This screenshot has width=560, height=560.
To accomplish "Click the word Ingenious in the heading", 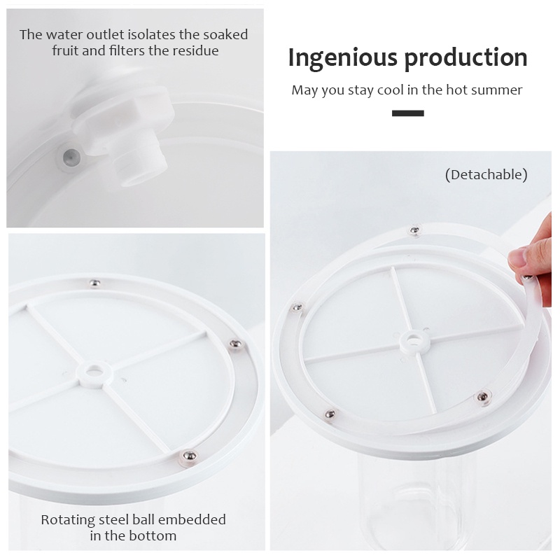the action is click(342, 58).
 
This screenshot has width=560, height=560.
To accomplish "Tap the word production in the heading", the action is click(465, 58).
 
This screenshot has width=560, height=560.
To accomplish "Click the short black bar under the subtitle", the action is click(408, 113).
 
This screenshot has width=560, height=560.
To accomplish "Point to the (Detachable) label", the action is click(486, 174).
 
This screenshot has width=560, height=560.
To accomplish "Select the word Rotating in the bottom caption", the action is click(67, 520).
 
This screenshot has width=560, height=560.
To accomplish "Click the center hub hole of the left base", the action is click(94, 372).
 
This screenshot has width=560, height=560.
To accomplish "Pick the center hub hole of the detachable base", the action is click(414, 341).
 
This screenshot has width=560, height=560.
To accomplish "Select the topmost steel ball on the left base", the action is click(94, 283).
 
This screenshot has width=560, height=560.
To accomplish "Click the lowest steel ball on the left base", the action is click(189, 456).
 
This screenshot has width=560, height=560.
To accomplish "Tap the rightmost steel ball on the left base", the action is click(234, 344).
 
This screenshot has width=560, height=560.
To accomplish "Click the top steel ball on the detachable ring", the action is click(414, 230).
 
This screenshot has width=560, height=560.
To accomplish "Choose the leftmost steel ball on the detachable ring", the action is click(296, 307).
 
